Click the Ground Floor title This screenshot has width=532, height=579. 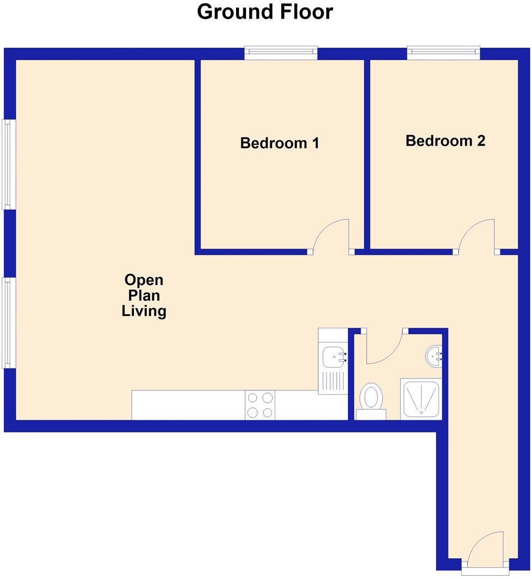(265, 12)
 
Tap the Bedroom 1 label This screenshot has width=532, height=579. (280, 144)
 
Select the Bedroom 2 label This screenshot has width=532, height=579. (446, 141)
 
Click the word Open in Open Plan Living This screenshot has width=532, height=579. (144, 281)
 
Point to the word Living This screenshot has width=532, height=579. (144, 312)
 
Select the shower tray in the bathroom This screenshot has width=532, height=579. (420, 399)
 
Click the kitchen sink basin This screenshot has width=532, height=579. (332, 357)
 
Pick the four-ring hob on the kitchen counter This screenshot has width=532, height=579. (260, 405)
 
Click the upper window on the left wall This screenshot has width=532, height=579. (7, 164)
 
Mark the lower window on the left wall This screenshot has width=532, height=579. (7, 323)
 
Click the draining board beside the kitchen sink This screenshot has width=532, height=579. (332, 380)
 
